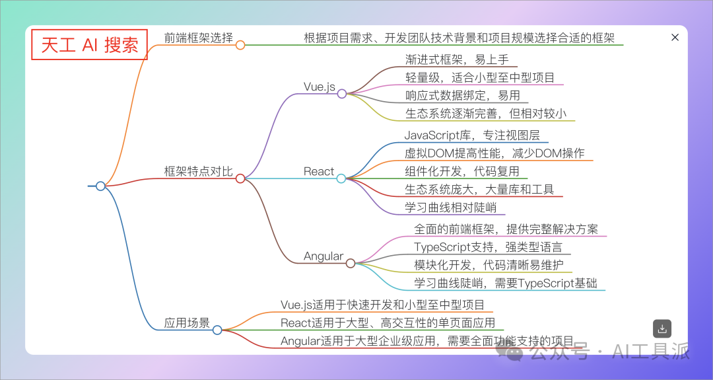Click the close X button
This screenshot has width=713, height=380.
pyautogui.click(x=675, y=38)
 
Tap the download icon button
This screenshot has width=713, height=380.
pyautogui.click(x=662, y=329)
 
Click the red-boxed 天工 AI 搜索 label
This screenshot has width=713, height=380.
pyautogui.click(x=90, y=44)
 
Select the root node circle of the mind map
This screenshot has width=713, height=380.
pyautogui.click(x=101, y=186)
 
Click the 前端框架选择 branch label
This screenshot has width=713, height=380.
pyautogui.click(x=199, y=37)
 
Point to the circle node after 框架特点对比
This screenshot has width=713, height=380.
pyautogui.click(x=240, y=178)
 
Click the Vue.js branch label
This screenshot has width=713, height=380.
pyautogui.click(x=319, y=87)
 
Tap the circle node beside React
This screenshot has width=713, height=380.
pyautogui.click(x=341, y=178)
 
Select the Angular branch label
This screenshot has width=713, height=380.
pyautogui.click(x=323, y=256)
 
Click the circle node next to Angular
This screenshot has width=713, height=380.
pyautogui.click(x=350, y=263)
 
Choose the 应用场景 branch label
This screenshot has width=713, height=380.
pyautogui.click(x=187, y=323)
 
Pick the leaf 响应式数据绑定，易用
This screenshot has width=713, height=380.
pyautogui.click(x=462, y=96)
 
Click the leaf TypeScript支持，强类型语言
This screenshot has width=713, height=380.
pyautogui.click(x=488, y=247)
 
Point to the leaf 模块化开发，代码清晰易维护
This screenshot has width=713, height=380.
pyautogui.click(x=490, y=265)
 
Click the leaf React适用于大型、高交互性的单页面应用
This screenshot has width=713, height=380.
pyautogui.click(x=388, y=323)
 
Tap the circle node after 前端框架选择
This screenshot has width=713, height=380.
pyautogui.click(x=240, y=44)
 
